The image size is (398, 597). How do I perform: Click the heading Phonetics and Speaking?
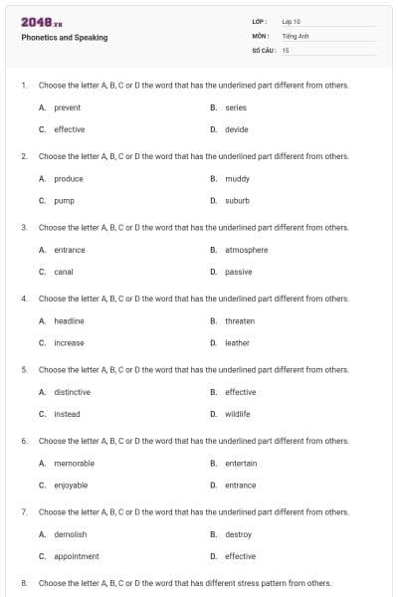65,38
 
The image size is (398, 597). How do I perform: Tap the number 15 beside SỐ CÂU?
286,50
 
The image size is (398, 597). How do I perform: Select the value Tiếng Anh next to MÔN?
295,35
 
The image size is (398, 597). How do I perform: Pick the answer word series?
236,107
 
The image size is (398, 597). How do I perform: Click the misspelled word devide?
237,129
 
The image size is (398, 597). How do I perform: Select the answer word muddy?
238,179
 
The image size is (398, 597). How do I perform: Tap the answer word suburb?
238,200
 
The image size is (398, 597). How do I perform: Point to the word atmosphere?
247,250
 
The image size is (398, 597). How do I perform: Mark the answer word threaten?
240,321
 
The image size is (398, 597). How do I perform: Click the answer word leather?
238,343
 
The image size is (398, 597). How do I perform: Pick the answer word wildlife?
238,414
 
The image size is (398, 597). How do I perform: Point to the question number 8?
24,583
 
